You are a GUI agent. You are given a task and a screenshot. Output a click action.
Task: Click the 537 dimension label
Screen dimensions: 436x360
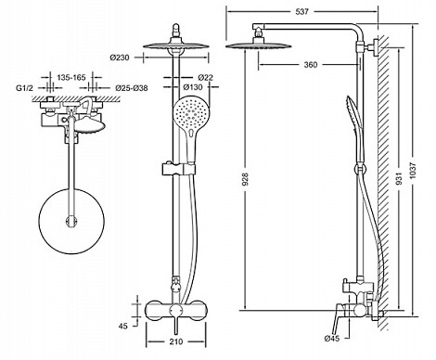point(301,12)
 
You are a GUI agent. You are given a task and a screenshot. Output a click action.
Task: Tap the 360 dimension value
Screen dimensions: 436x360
point(311,65)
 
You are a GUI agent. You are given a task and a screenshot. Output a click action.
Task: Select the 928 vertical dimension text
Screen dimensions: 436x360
point(245,179)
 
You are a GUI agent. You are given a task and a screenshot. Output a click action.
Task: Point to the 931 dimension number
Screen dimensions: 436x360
point(399,179)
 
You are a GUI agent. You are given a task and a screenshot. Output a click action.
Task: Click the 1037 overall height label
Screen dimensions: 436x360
point(413,174)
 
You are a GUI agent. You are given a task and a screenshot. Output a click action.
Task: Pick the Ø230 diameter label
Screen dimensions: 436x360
point(120,58)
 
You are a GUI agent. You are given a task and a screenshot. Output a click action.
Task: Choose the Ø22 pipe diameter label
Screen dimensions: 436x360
point(206,77)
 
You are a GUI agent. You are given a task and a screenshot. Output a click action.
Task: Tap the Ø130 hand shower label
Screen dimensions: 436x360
point(193,87)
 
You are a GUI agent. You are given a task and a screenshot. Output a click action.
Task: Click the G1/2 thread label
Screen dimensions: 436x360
point(24,88)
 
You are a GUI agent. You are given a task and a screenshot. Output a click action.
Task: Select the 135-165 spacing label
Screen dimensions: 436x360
point(71,77)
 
